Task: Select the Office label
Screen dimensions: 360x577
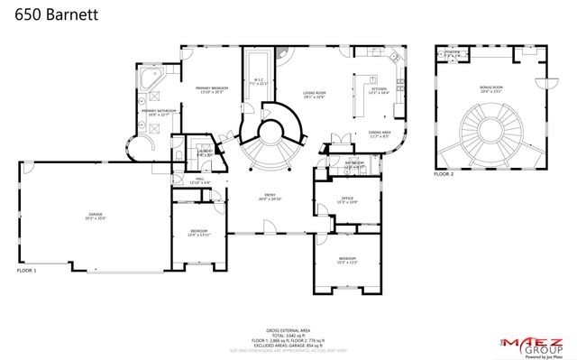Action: (x=347, y=200)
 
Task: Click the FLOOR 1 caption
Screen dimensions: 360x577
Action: (x=27, y=270)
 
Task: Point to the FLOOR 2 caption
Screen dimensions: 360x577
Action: (x=444, y=173)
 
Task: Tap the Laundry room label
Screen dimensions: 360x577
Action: (x=205, y=152)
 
